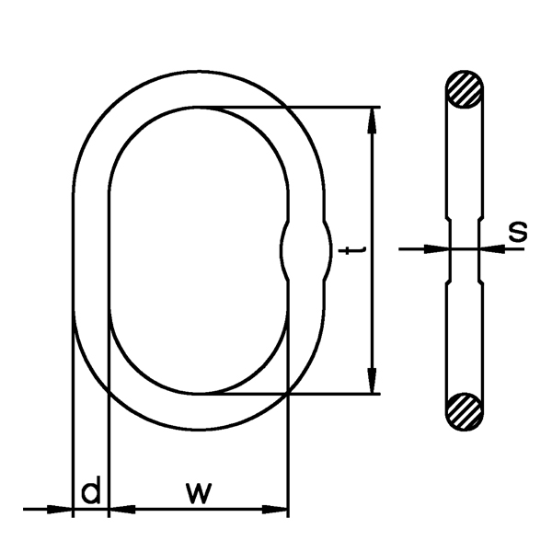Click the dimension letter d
point(90,492)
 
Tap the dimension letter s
point(518,230)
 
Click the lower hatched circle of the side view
point(464,409)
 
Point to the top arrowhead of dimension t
point(373,119)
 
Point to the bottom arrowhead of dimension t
point(373,382)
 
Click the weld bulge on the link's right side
point(305,250)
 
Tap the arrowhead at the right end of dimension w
point(277,508)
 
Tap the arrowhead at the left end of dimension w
point(121,508)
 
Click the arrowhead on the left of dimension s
point(437,247)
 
